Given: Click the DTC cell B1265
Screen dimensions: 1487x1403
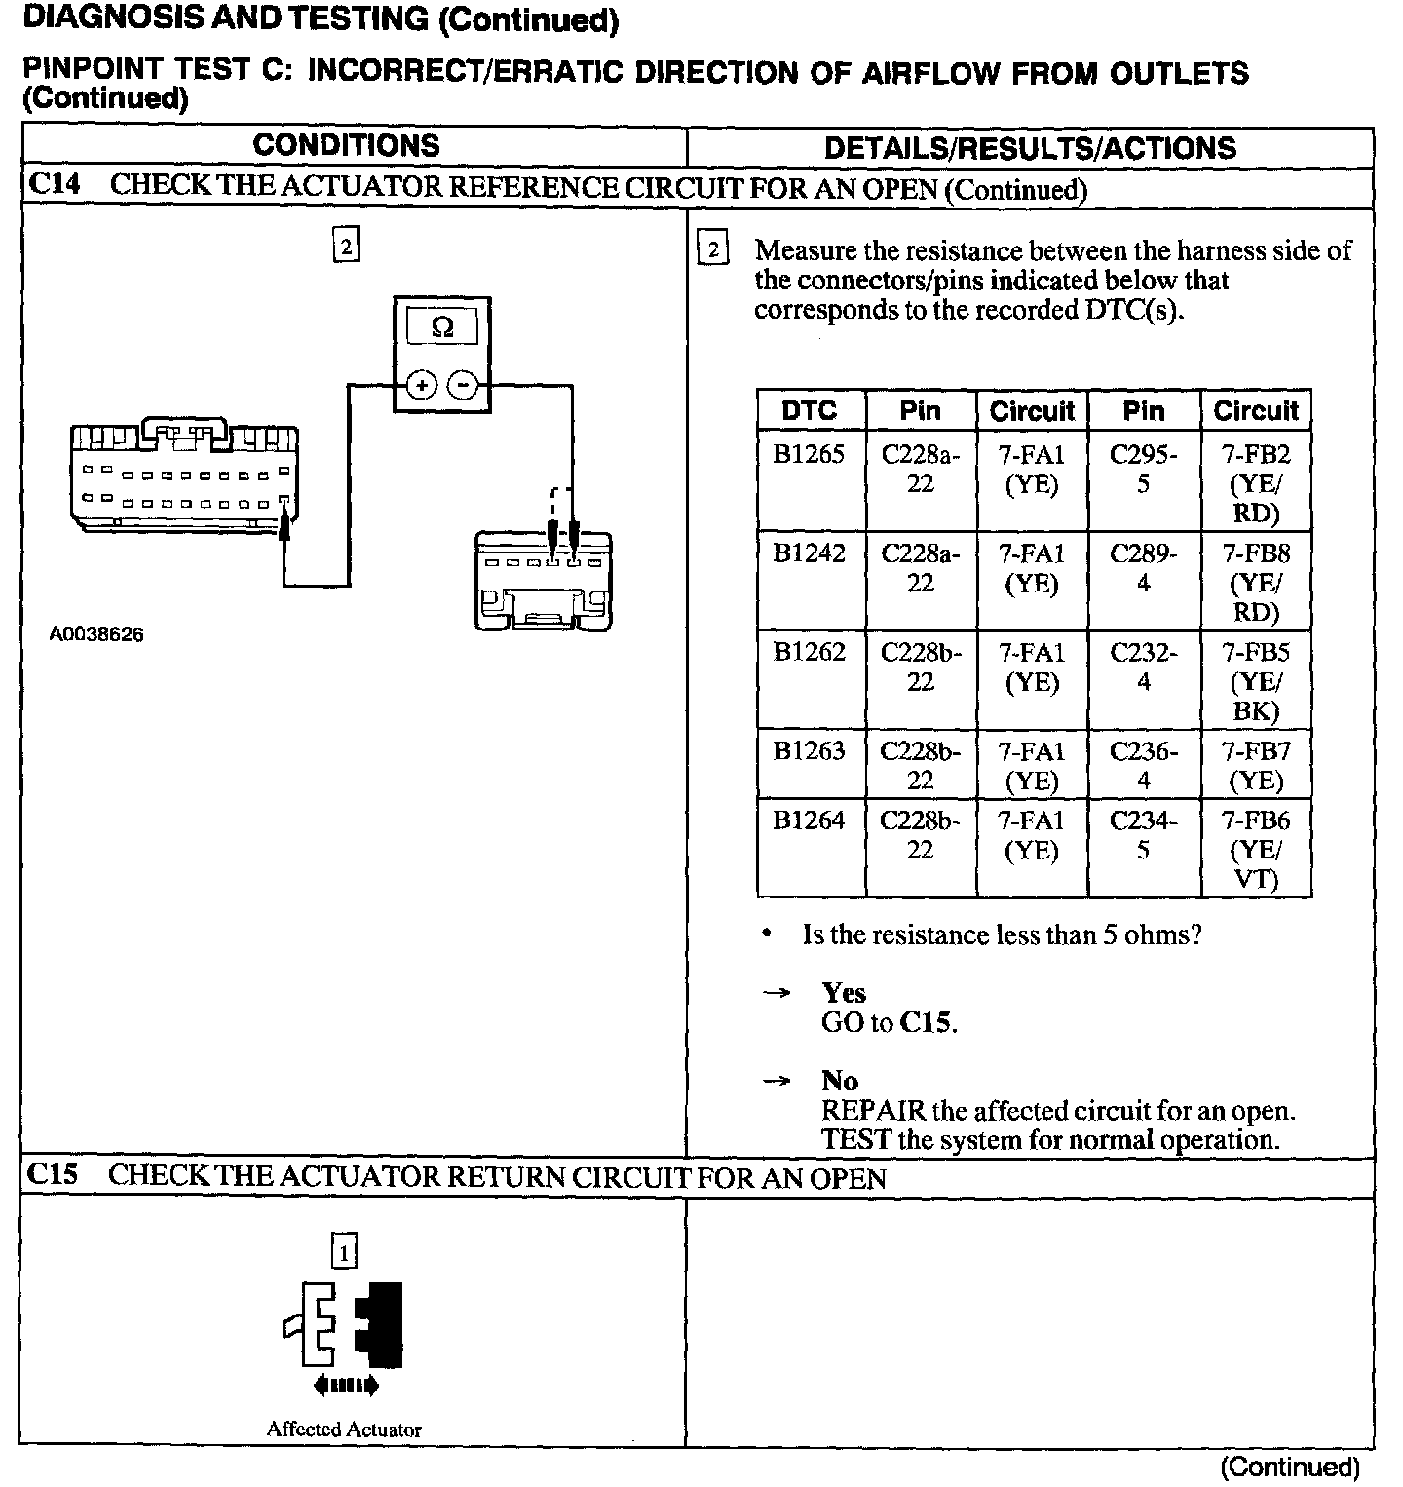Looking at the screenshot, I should pyautogui.click(x=809, y=455).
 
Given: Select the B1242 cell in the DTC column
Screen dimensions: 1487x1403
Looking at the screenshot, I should pyautogui.click(x=809, y=553).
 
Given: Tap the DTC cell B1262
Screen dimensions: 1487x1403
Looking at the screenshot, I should pyautogui.click(x=809, y=652).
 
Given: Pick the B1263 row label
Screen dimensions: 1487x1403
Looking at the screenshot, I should pyautogui.click(x=809, y=751).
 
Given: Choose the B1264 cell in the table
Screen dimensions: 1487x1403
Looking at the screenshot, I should pyautogui.click(x=809, y=820).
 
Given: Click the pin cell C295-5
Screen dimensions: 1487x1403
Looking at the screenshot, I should pyautogui.click(x=1143, y=469).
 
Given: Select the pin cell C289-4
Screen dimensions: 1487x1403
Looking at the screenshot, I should pyautogui.click(x=1143, y=568).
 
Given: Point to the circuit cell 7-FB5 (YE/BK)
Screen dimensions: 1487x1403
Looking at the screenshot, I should pyautogui.click(x=1256, y=681).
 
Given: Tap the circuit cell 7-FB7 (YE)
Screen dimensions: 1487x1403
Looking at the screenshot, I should pyautogui.click(x=1256, y=766).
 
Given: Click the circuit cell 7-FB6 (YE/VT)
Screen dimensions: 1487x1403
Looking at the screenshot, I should pyautogui.click(x=1256, y=850).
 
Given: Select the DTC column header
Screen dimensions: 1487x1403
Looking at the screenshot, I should pyautogui.click(x=809, y=410).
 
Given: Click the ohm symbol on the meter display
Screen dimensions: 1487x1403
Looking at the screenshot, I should pyautogui.click(x=442, y=328).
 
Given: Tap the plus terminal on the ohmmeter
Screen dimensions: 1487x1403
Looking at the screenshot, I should pyautogui.click(x=421, y=386).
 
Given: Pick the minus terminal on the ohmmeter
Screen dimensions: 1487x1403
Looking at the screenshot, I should pyautogui.click(x=464, y=386).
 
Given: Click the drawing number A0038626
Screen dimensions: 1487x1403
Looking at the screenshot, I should pyautogui.click(x=96, y=634).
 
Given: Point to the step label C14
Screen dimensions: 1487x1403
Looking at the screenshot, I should pyautogui.click(x=55, y=185).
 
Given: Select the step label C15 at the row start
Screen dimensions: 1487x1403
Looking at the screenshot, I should pyautogui.click(x=54, y=1175).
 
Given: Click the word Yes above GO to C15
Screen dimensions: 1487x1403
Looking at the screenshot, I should pyautogui.click(x=843, y=993).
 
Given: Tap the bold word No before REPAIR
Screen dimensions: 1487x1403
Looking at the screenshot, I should pyautogui.click(x=839, y=1081).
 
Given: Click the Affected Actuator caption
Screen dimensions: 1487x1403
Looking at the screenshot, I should pyautogui.click(x=344, y=1430).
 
